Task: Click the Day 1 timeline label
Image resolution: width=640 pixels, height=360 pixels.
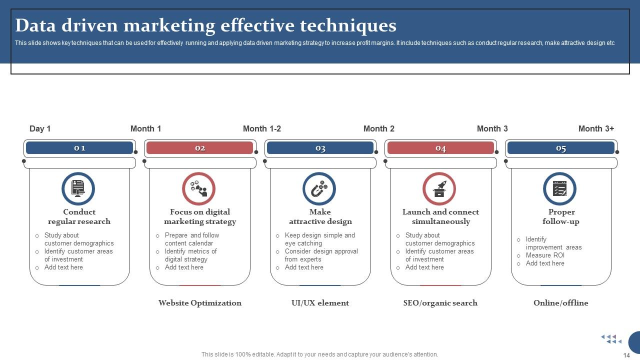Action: [x=40, y=129]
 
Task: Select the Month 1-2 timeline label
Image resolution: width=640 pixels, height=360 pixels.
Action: [x=261, y=129]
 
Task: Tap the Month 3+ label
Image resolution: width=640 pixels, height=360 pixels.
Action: [x=596, y=129]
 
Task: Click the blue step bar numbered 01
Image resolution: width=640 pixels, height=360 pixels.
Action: [x=79, y=148]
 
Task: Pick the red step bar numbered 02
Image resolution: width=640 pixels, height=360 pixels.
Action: [x=200, y=148]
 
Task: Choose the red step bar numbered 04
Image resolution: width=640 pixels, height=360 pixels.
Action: [x=440, y=148]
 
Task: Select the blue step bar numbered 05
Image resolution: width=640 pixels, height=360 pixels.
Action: [x=561, y=148]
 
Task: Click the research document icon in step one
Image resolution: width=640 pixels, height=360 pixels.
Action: [x=78, y=189]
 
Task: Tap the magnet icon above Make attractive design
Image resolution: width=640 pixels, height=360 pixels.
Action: [x=319, y=189]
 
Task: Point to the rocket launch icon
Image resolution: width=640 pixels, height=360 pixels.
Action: [x=439, y=189]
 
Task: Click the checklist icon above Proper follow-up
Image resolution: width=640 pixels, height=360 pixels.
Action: [x=560, y=189]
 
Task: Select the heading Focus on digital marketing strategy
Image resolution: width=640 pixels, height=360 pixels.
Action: [x=200, y=216]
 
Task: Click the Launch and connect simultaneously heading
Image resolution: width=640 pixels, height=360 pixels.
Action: [x=440, y=216]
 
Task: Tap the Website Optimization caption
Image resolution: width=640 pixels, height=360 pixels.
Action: [x=200, y=303]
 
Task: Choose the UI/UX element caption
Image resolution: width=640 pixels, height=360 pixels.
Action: [x=320, y=303]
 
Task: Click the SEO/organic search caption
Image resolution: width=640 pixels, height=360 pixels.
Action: [x=440, y=303]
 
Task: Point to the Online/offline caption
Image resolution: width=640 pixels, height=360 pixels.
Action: [x=561, y=303]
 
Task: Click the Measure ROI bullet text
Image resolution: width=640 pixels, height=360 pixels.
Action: [x=545, y=255]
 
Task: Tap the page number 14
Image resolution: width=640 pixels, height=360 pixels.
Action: [x=626, y=355]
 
